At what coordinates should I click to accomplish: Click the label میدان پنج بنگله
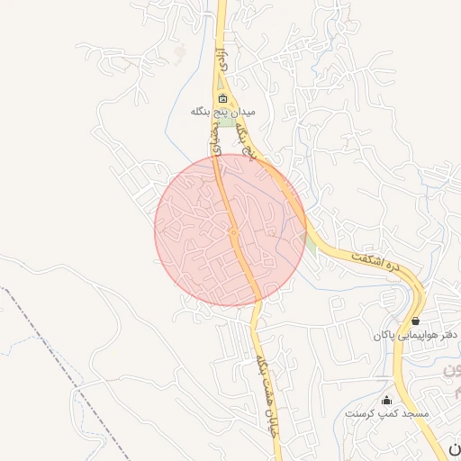[223, 113]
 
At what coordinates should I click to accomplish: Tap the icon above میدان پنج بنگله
[222, 98]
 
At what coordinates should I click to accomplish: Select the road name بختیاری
[216, 144]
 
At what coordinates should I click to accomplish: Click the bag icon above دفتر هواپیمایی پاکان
[415, 321]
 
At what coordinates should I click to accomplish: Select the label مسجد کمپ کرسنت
[387, 413]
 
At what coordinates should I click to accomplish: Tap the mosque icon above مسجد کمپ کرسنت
[387, 400]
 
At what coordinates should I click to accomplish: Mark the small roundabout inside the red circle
[232, 233]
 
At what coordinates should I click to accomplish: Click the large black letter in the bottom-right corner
[453, 448]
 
